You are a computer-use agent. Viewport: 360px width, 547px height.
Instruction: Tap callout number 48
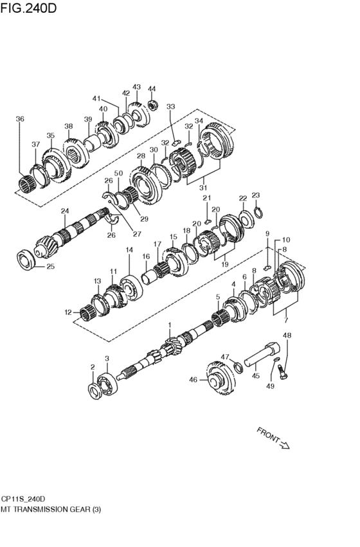287,336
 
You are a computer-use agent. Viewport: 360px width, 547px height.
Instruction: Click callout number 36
20,119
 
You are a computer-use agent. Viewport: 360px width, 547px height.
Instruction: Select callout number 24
64,211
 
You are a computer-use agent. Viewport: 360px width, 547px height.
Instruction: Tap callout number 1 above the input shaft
170,326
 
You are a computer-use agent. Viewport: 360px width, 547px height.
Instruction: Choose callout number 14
129,250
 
